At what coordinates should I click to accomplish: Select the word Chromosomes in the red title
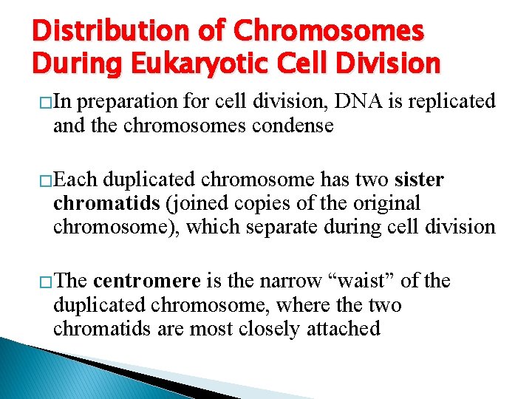click(x=330, y=31)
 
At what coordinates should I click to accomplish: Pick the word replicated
click(x=449, y=102)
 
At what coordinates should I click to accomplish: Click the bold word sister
click(x=419, y=180)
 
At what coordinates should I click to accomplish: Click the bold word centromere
click(x=147, y=281)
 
